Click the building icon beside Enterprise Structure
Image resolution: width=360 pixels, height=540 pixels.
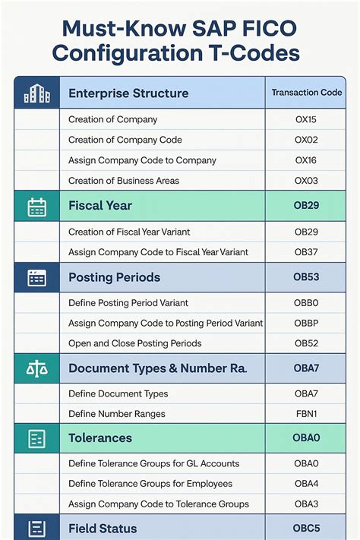tap(36, 93)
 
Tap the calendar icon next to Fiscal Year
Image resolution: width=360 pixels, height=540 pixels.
tap(36, 206)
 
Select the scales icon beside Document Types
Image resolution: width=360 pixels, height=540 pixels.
tap(36, 368)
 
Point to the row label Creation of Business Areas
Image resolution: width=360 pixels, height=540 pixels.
tap(124, 180)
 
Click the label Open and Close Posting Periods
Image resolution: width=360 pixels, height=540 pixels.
tap(135, 343)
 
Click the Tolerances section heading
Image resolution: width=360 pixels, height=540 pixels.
tap(100, 438)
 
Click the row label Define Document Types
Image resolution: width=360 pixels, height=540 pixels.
tap(118, 393)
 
